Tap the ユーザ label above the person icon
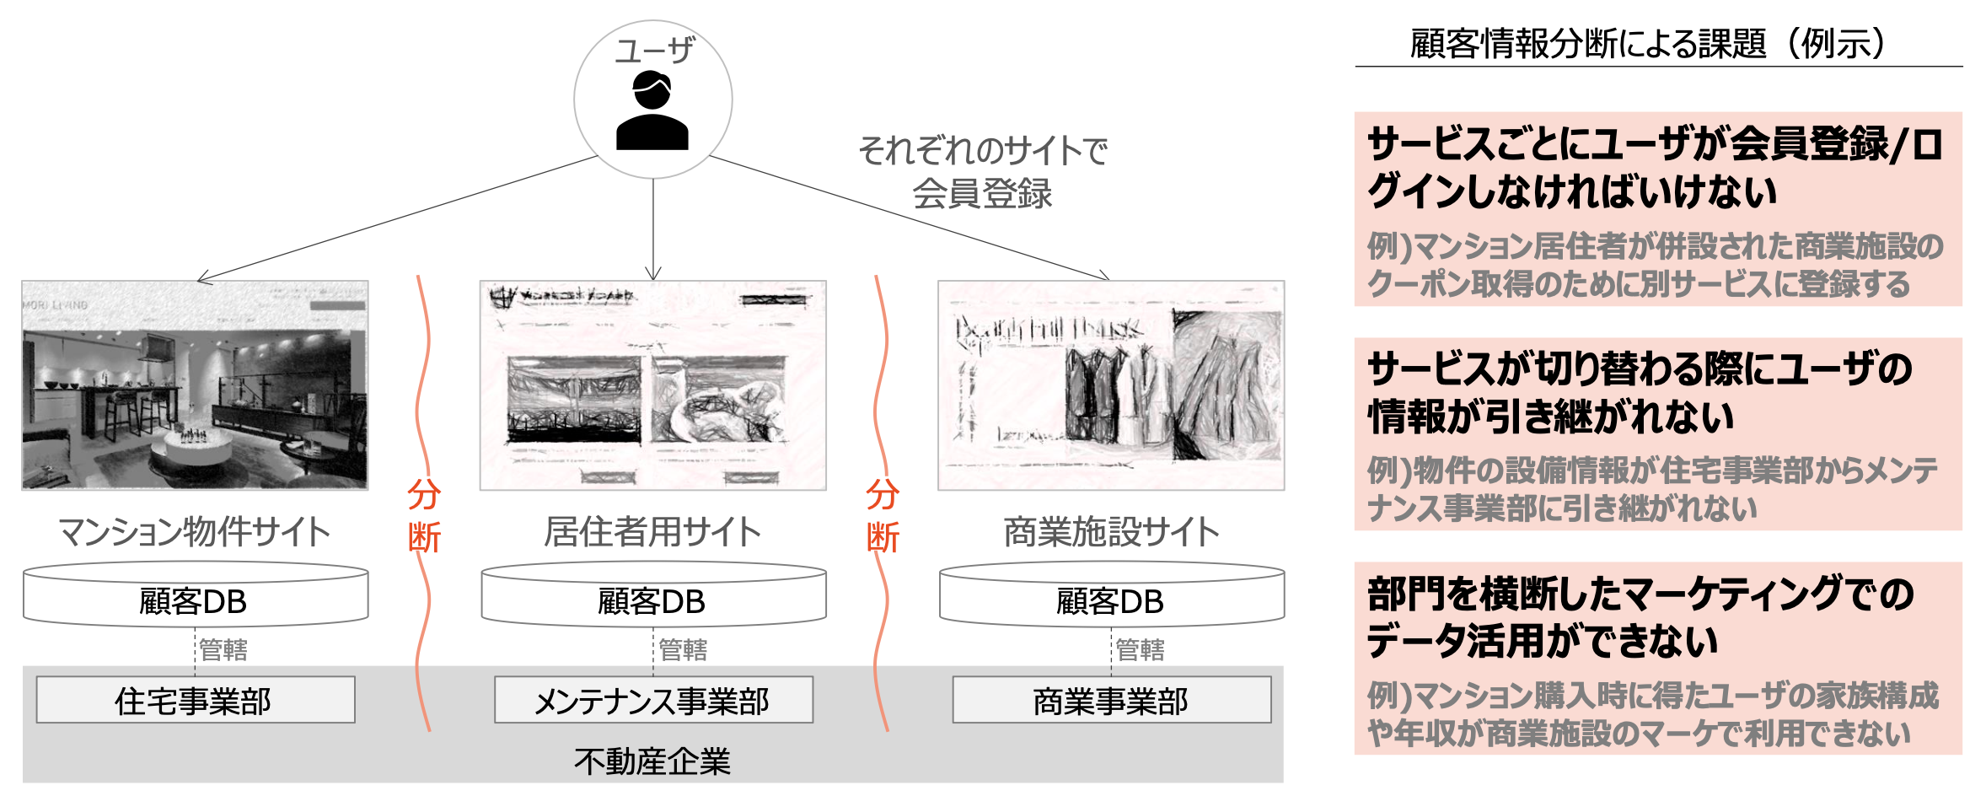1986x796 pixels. pyautogui.click(x=654, y=51)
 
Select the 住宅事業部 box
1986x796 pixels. pyautogui.click(x=195, y=700)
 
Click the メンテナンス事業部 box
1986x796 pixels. pyautogui.click(x=653, y=700)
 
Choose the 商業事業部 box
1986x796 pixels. pyautogui.click(x=1111, y=700)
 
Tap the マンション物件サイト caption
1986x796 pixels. pyautogui.click(x=195, y=532)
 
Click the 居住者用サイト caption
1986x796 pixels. pyautogui.click(x=653, y=532)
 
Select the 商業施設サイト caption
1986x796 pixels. pyautogui.click(x=1111, y=532)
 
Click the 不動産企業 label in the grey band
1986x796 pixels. pyautogui.click(x=652, y=761)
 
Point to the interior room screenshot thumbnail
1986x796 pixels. pyautogui.click(x=195, y=385)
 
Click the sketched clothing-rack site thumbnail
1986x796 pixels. pyautogui.click(x=1111, y=385)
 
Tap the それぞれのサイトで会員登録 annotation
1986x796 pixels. pyautogui.click(x=983, y=172)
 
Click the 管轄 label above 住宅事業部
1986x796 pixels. pyautogui.click(x=223, y=649)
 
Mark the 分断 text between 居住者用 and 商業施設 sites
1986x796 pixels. pyautogui.click(x=883, y=516)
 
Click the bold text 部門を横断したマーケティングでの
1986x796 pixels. pyautogui.click(x=1640, y=594)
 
